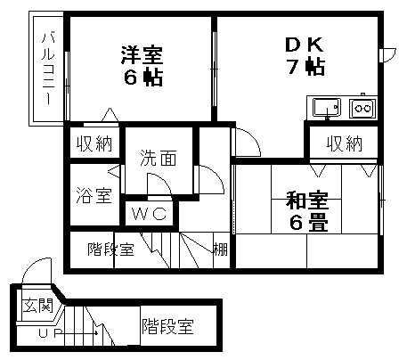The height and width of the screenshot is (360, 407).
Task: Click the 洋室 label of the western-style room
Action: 142,55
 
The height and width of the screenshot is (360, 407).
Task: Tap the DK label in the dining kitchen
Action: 305,45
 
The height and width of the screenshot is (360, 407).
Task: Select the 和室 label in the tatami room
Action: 307,200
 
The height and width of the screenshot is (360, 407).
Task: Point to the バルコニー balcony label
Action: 48,69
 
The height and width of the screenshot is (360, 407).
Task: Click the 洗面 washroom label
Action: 159,158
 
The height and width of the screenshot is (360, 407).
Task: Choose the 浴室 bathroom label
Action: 94,196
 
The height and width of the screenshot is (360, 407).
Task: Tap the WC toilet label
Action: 150,213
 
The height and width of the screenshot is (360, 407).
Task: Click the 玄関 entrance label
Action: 38,306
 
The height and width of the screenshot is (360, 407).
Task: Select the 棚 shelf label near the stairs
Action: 221,249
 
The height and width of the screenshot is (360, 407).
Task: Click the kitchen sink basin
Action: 327,107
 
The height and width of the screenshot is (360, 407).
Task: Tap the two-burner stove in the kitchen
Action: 362,108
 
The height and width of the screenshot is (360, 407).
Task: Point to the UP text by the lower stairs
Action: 46,333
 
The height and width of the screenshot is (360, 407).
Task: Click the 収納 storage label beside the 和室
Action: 345,144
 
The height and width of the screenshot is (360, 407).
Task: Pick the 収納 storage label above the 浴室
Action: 94,144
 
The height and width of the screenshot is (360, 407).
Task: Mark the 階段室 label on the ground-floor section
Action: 167,326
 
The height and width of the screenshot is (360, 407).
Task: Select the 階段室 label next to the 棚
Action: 110,249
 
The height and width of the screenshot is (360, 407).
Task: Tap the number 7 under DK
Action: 293,67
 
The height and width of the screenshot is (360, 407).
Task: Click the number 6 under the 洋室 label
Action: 130,78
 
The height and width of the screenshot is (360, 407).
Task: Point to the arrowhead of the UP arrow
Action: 97,333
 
